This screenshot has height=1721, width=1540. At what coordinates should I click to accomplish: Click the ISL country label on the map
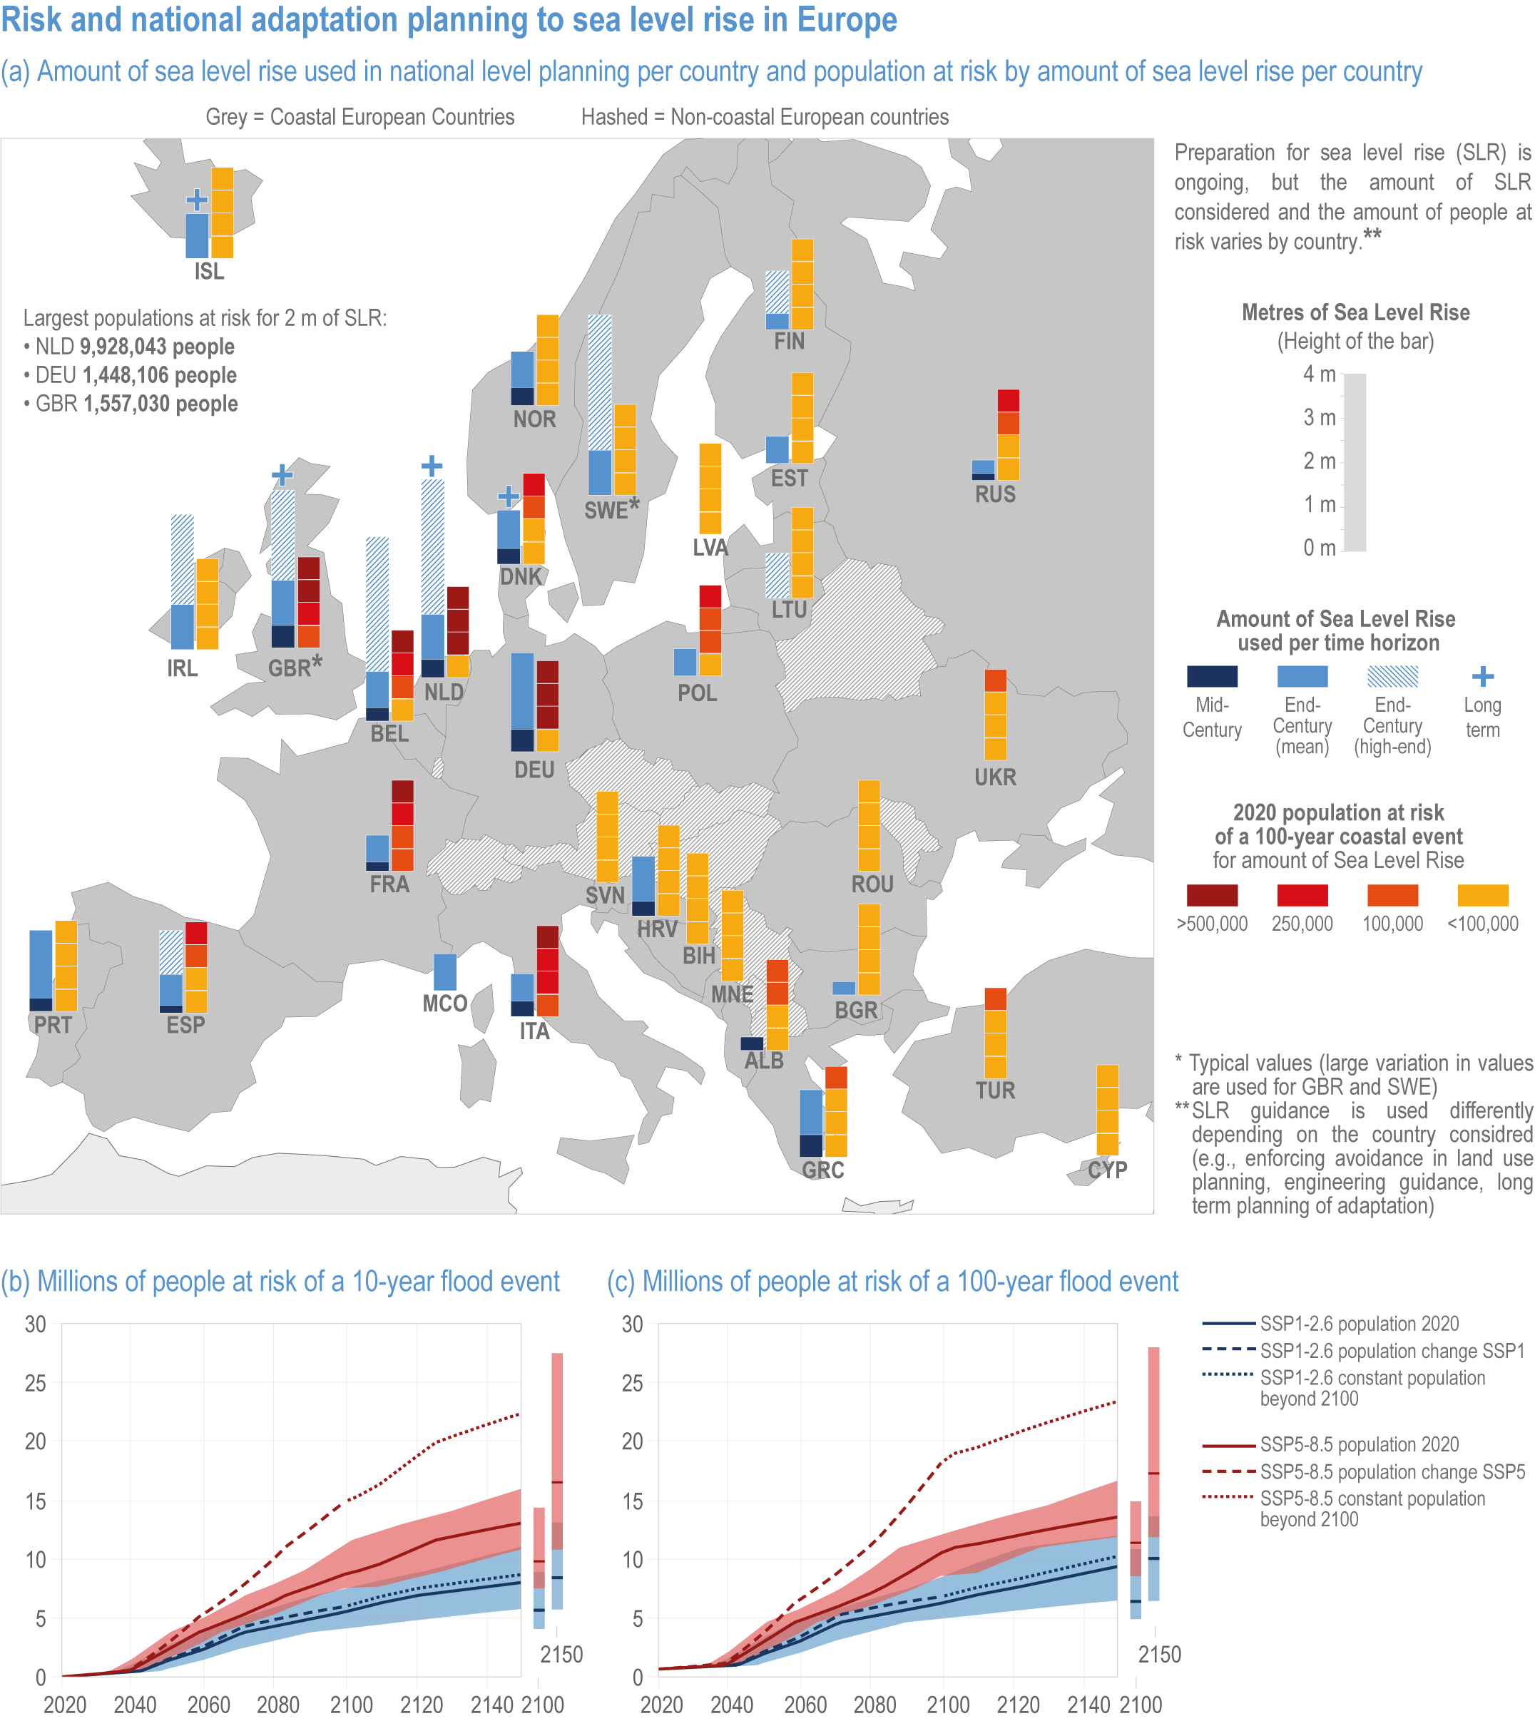209,272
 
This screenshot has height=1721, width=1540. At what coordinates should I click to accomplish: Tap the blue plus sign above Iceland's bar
196,200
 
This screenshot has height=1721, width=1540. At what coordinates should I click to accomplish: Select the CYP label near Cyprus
1107,1170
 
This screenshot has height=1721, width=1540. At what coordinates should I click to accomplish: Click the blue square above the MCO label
444,972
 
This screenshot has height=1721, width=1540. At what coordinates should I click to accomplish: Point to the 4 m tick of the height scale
1319,374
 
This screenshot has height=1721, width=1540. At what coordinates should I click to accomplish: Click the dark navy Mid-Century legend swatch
1212,676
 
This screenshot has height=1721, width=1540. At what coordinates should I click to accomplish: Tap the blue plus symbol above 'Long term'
1482,676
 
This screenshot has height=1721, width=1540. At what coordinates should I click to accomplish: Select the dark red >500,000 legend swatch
1212,895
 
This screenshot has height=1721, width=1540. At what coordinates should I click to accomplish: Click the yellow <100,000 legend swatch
1482,895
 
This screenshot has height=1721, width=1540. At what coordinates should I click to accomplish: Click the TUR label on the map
994,1090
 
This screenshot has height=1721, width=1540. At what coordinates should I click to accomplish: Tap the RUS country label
994,494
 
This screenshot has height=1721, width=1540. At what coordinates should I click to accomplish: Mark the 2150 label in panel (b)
561,1654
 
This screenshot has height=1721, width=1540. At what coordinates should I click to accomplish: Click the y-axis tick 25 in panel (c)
632,1384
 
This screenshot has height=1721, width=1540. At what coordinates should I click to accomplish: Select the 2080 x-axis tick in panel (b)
278,1704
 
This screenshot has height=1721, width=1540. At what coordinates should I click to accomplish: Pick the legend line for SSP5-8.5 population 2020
1228,1445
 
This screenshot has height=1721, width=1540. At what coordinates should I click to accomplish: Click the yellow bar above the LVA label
710,489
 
